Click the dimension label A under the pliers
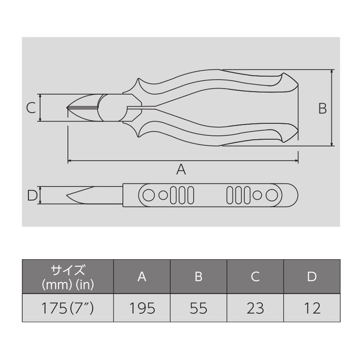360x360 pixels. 181,169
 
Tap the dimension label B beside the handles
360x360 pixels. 322,109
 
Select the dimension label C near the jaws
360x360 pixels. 31,108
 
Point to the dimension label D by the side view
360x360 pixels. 31,195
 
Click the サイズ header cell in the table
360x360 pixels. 67,276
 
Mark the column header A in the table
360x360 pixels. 142,277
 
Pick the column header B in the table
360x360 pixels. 199,277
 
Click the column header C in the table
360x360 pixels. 255,277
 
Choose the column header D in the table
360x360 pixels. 312,277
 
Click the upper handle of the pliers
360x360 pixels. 216,82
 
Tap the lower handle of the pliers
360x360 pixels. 216,135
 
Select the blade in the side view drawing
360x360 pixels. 95,195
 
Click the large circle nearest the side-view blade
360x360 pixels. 148,195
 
